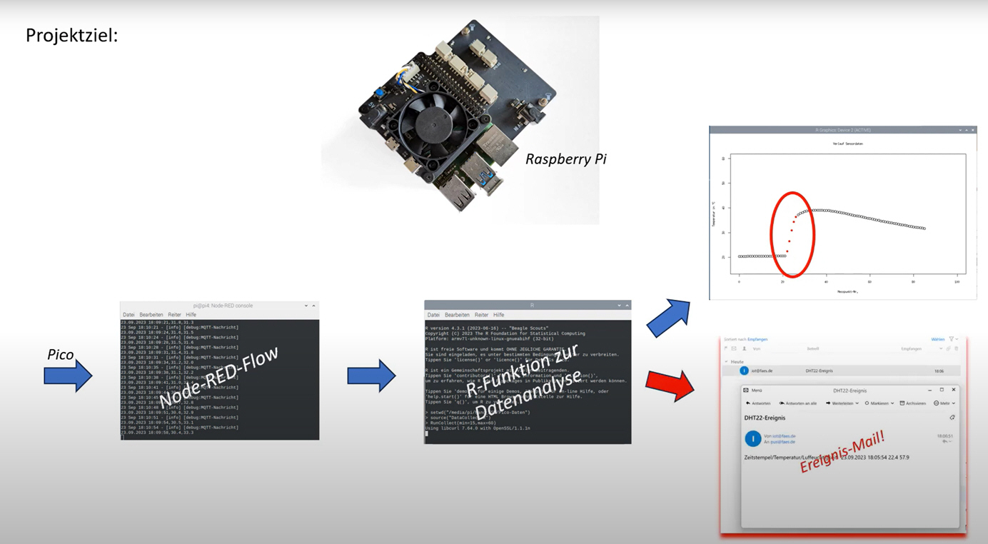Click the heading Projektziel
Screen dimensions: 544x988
pos(71,35)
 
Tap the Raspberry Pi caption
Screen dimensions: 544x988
pos(565,159)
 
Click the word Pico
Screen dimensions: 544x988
pos(61,355)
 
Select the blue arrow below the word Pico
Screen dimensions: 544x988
pos(68,375)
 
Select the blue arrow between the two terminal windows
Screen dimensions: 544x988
pos(371,375)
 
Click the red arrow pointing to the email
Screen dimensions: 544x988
pos(669,385)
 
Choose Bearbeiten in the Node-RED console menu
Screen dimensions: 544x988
pos(151,315)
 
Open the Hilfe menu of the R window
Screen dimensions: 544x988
pos(499,315)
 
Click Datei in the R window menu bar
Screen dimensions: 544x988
pos(433,315)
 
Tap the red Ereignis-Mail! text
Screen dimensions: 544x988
pos(842,451)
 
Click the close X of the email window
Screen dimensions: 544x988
pos(953,390)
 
